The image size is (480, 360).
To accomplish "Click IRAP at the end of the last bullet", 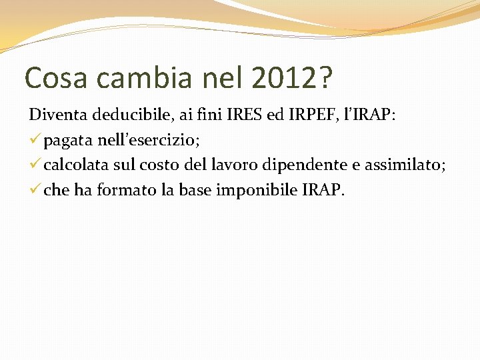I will [323, 191].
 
